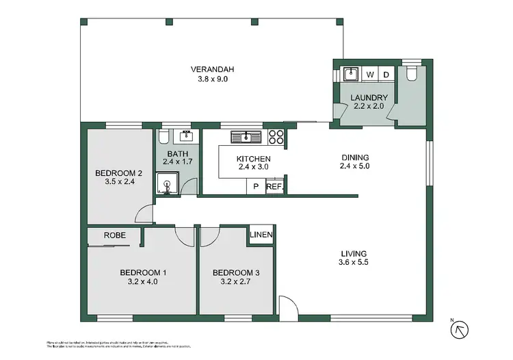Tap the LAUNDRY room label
(x=369, y=98)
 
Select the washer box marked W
(x=370, y=74)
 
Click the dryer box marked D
(x=386, y=74)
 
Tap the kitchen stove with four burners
(x=276, y=136)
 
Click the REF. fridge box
(x=274, y=186)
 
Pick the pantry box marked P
(x=256, y=186)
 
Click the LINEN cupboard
(x=262, y=235)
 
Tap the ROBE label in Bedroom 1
(x=114, y=235)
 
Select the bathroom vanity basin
(x=185, y=136)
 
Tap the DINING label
(x=355, y=158)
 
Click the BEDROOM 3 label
(x=235, y=272)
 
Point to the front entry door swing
(x=288, y=306)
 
